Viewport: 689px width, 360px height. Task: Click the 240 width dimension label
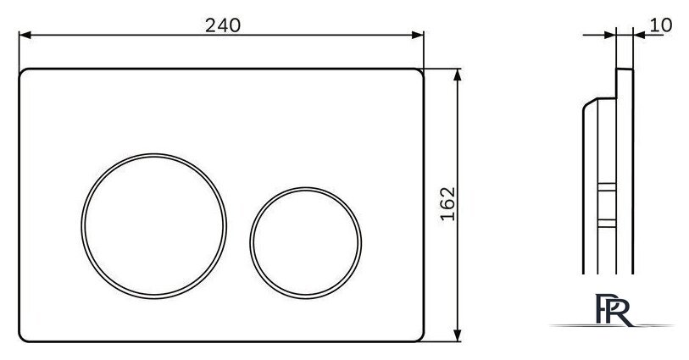223,25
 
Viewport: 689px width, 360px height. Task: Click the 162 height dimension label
447,204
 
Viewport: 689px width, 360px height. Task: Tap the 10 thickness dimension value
660,25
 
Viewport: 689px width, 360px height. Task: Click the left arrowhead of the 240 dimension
25,35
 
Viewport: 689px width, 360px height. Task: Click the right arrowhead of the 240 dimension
418,35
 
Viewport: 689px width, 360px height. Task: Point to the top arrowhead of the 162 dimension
458,75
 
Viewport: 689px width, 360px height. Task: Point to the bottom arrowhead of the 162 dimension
458,335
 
